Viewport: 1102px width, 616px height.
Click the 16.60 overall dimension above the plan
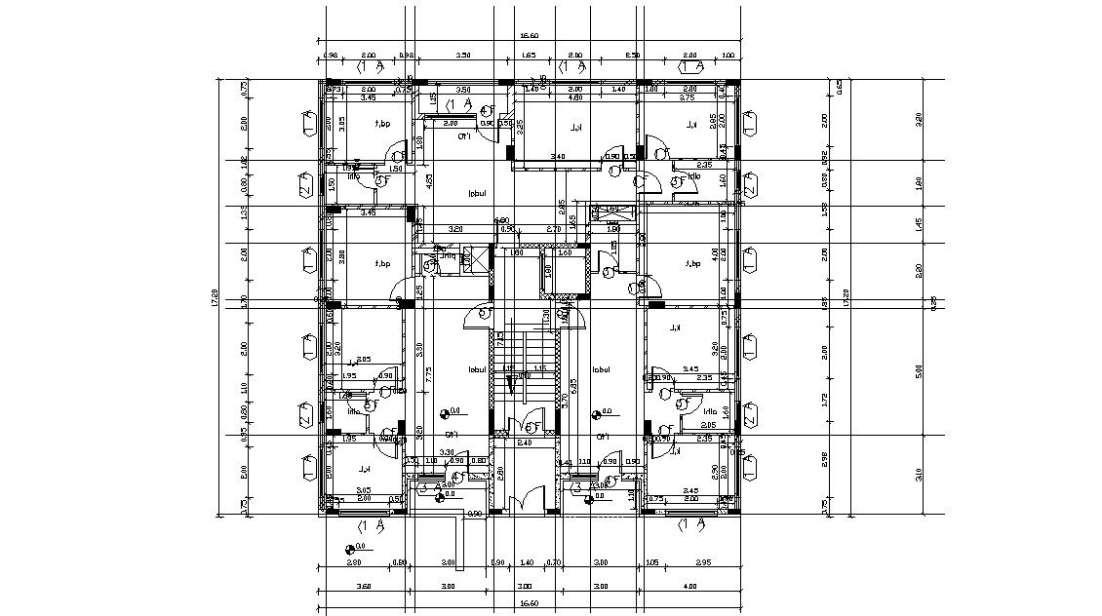pyautogui.click(x=530, y=36)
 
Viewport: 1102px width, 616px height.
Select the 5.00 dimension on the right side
pyautogui.click(x=918, y=370)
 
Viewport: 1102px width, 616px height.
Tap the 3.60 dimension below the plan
pyautogui.click(x=365, y=586)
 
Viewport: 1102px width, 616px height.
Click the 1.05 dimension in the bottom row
pyautogui.click(x=650, y=563)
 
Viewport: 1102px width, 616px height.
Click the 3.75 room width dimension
pyautogui.click(x=687, y=97)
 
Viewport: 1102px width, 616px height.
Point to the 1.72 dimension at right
pyautogui.click(x=824, y=399)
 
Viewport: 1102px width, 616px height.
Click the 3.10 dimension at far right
pyautogui.click(x=918, y=475)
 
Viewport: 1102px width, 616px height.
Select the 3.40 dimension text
pyautogui.click(x=557, y=156)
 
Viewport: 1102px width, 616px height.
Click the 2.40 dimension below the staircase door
pyautogui.click(x=524, y=443)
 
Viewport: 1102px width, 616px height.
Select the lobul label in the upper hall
pyautogui.click(x=477, y=193)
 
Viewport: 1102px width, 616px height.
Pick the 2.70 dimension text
pyautogui.click(x=553, y=228)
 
